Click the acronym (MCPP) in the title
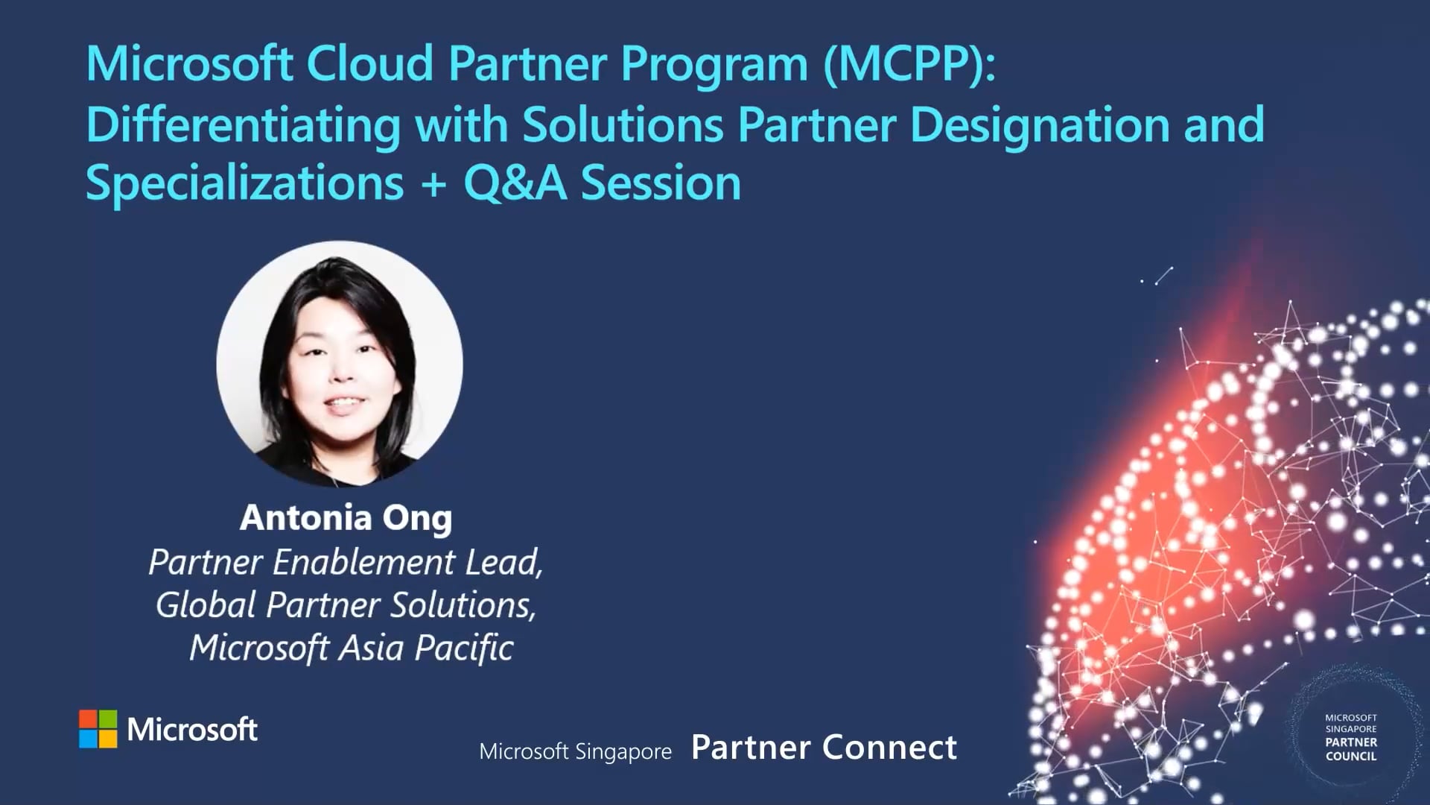tap(909, 64)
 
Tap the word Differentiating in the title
tap(244, 125)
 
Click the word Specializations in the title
tap(244, 183)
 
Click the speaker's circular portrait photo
tap(340, 364)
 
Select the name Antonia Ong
tap(346, 517)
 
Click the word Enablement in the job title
tap(364, 563)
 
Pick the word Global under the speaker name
tap(206, 605)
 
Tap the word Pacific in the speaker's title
tap(463, 648)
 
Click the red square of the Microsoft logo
tap(88, 719)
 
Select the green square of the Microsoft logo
tap(108, 719)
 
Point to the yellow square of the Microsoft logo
tap(108, 739)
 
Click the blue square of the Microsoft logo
tap(88, 739)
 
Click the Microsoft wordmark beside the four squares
tap(192, 729)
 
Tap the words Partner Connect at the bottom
tap(824, 748)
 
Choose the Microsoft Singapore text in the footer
tap(575, 751)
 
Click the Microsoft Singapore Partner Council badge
tap(1350, 737)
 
